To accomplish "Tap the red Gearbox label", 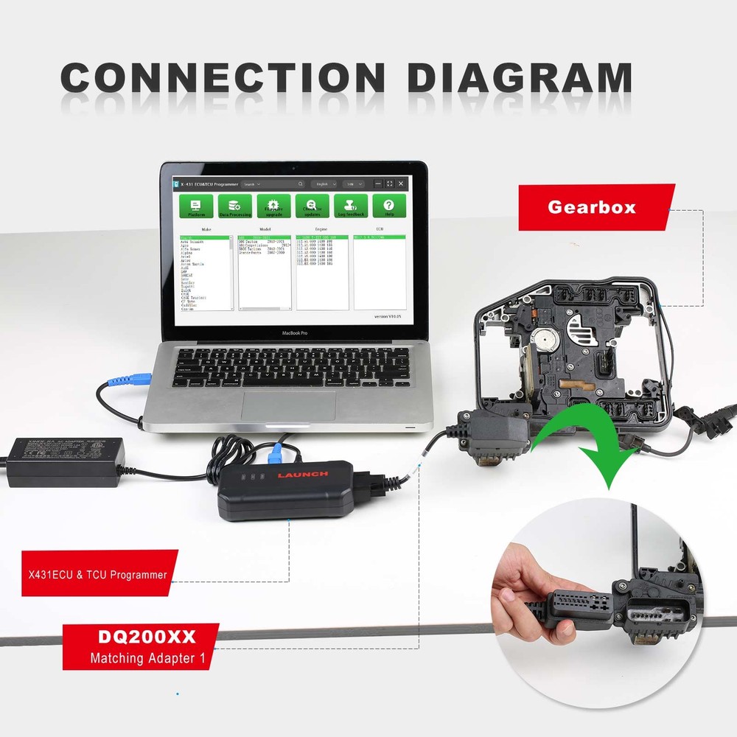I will [x=591, y=207].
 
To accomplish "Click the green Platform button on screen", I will [x=197, y=206].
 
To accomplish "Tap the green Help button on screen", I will [x=388, y=206].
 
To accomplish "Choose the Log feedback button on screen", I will [x=351, y=206].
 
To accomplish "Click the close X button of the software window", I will [x=401, y=184].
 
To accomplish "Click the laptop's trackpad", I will [x=288, y=404].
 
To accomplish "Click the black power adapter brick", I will [x=65, y=461].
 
